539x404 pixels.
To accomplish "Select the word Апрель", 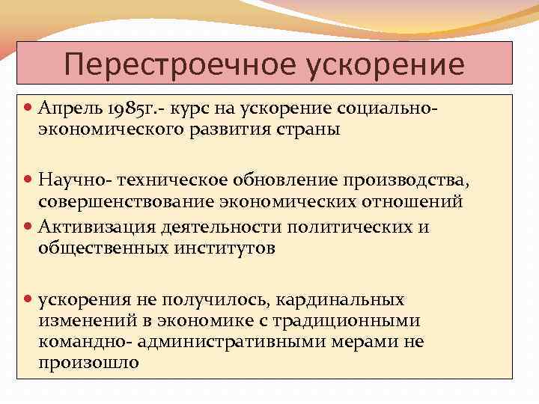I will (73, 110).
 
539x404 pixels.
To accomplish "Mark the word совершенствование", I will (129, 201).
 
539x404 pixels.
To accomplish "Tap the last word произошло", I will (89, 362).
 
